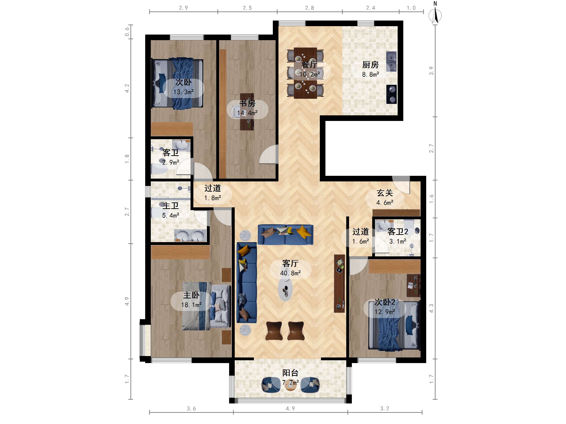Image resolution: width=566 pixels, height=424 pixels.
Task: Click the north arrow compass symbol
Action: coord(435,14)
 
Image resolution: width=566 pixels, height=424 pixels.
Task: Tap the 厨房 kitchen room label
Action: coord(370,65)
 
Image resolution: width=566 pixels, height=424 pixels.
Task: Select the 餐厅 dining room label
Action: coord(309,65)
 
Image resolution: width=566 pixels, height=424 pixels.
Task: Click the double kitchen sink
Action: coord(391,61)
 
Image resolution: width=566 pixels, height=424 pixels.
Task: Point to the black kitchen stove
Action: coord(392,94)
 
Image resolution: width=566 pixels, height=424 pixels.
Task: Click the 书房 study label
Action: coord(247,103)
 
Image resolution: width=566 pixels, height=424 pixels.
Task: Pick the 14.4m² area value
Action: coord(247,113)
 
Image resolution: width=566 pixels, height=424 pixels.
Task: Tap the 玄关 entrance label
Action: coord(385,193)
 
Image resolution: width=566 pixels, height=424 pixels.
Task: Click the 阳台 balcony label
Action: coord(290,373)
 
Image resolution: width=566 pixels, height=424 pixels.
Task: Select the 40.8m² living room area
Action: coord(290,273)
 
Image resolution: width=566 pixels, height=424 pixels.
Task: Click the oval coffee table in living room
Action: coord(285,289)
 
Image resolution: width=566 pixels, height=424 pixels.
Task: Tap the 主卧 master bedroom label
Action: coord(191,295)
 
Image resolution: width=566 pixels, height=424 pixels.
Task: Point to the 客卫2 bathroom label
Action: coord(398,232)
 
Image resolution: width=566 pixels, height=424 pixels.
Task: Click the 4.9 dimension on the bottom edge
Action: coord(290,408)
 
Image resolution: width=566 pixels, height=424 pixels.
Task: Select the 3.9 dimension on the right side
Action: coord(431,71)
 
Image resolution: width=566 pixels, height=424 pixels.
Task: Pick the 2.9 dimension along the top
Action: coord(183,8)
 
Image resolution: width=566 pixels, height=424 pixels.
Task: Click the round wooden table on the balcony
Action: coord(290,386)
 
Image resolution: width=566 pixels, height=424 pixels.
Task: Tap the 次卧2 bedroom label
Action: coord(385,302)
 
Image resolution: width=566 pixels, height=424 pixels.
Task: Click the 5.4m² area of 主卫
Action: coord(170,216)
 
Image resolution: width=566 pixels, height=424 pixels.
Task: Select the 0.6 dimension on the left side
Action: coord(127,32)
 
